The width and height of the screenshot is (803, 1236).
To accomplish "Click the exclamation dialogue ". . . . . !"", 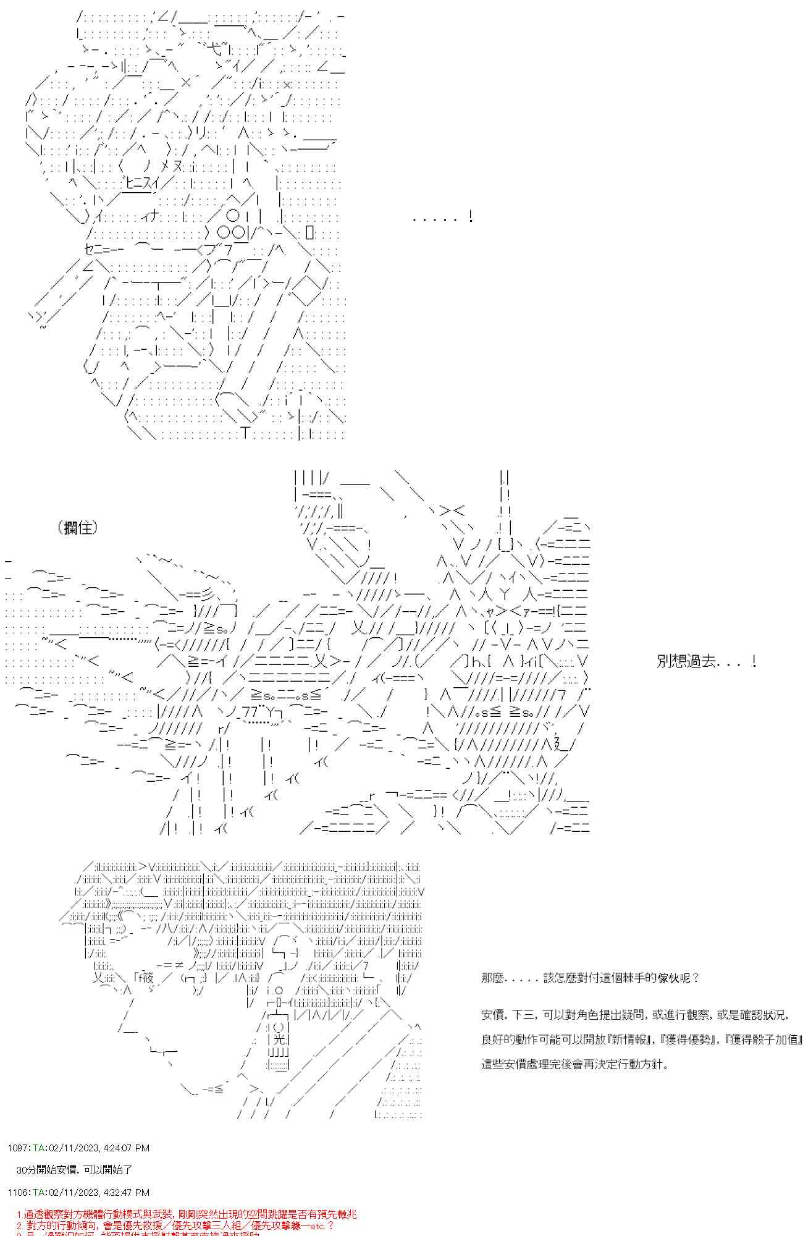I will coord(442,217).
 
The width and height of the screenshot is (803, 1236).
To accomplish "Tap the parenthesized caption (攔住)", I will coord(78,527).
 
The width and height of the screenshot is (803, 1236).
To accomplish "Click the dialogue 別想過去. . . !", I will coord(707,661).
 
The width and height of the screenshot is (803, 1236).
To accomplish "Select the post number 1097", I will coord(18,1148).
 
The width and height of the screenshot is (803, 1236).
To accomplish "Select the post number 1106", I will coord(18,1192).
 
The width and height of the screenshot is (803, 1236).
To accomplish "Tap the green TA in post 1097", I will coord(38,1148).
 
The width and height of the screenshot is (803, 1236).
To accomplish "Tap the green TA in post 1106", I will coord(38,1192).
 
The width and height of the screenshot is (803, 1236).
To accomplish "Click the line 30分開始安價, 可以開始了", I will coord(74,1170).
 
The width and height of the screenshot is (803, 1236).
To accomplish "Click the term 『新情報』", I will coord(628,1039).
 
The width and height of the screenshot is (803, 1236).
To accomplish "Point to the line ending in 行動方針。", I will coord(574,1064).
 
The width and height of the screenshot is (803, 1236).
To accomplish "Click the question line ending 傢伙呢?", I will coord(590,978).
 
